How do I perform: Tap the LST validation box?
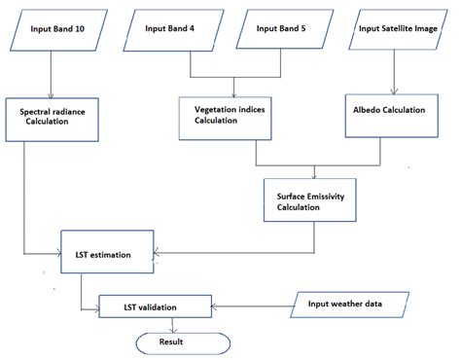154,307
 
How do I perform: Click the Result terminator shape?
180,342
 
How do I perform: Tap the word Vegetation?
219,110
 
